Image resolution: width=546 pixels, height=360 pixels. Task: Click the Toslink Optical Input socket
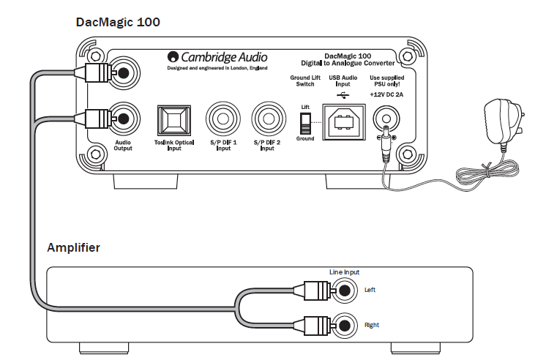[174, 121]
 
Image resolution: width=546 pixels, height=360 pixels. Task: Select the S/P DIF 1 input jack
[222, 119]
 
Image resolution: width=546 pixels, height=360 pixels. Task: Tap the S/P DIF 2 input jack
[269, 119]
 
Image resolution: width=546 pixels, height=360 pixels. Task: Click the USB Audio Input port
[344, 122]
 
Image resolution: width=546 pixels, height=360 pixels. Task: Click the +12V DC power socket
[386, 119]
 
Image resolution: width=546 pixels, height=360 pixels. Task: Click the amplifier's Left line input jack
[345, 290]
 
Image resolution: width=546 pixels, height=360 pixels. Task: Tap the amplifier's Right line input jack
[345, 326]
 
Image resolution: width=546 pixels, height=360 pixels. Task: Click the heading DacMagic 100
[118, 22]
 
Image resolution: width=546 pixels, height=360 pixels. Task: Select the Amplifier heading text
[73, 247]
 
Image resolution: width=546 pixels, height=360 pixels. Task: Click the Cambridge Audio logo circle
[173, 57]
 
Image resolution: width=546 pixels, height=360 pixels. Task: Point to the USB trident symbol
[343, 95]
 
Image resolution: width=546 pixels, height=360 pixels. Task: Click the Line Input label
[344, 272]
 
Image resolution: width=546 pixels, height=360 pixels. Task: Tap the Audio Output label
[123, 145]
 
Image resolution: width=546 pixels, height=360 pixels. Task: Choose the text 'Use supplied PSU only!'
[387, 80]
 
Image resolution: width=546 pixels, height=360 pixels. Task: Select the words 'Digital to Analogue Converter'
[348, 63]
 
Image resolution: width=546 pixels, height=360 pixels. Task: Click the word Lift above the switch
[305, 107]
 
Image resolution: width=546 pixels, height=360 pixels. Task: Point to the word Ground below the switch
[305, 138]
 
